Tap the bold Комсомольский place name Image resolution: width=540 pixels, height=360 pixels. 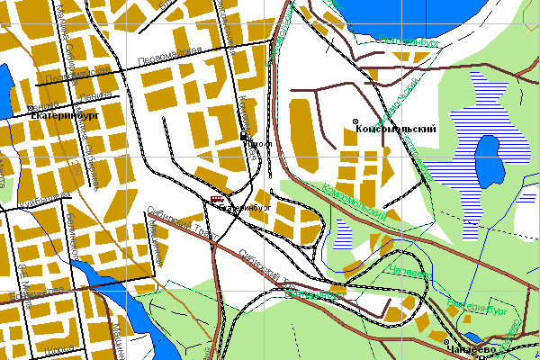[x=400, y=130]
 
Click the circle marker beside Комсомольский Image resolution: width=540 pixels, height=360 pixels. [x=355, y=121]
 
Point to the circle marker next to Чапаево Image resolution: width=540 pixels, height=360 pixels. [x=446, y=343]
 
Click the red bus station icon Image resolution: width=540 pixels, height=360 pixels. [x=216, y=199]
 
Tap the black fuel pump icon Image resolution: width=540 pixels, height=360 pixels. [x=244, y=136]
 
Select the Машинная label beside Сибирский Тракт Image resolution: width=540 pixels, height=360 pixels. [x=154, y=243]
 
